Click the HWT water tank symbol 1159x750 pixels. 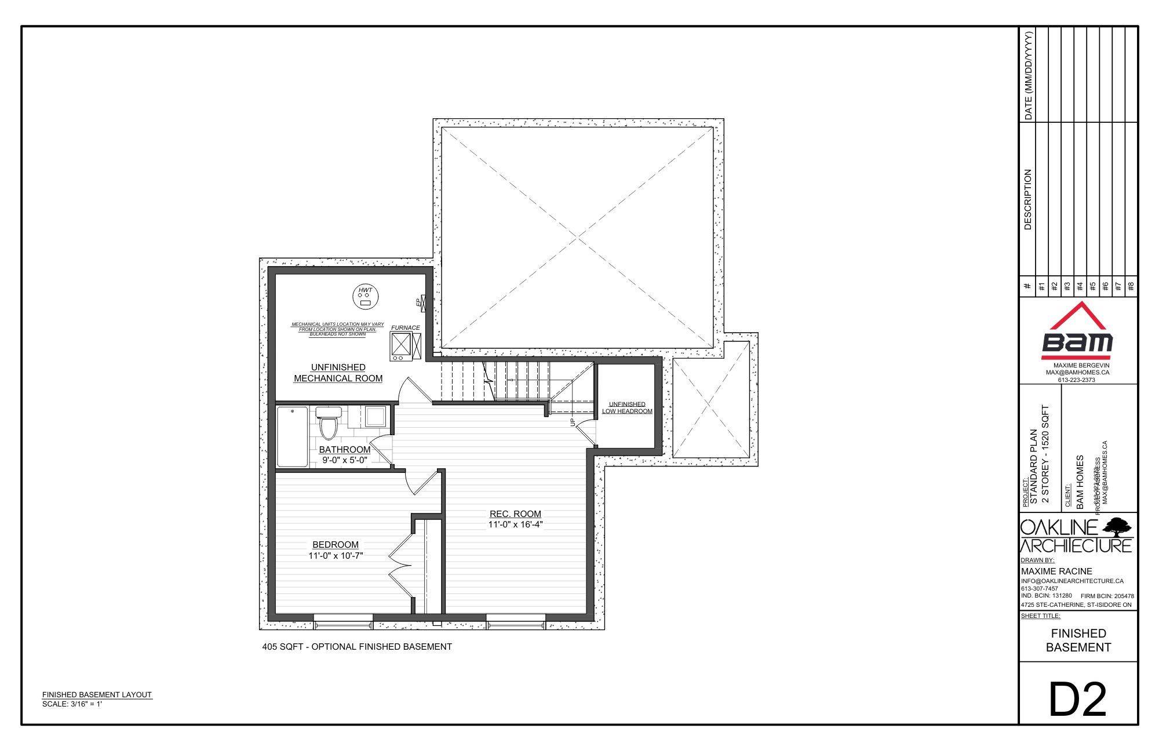coord(365,297)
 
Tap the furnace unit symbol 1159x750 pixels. coord(401,346)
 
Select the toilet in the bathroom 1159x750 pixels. coord(328,423)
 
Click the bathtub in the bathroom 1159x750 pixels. coord(292,436)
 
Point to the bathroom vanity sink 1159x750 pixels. coord(374,416)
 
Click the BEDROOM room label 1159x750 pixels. coord(336,545)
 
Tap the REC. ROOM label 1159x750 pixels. coord(515,514)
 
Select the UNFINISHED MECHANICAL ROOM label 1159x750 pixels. coord(338,373)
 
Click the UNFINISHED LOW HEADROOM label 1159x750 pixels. coord(627,407)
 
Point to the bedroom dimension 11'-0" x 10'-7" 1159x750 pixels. coord(336,556)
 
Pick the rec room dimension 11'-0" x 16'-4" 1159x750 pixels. coord(515,525)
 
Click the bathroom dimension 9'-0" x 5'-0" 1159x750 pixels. coord(345,460)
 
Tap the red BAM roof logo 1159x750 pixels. coord(1077,329)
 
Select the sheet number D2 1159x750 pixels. coord(1078,700)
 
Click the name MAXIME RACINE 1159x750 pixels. coord(1056,571)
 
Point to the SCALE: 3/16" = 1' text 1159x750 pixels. coord(72,704)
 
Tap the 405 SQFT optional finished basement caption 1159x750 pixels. coord(357,646)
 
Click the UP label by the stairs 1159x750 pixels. coord(574,422)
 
